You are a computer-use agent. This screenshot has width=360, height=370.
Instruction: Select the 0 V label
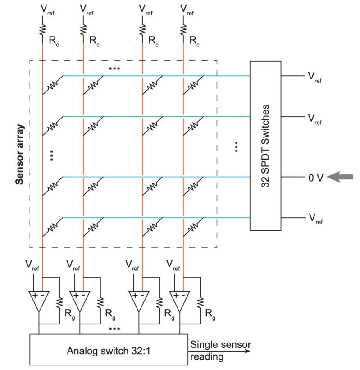(315, 178)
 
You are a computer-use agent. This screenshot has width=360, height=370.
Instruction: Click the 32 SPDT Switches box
(266, 146)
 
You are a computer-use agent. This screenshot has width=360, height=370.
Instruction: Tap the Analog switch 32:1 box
(108, 350)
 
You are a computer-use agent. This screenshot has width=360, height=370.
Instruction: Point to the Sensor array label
(19, 154)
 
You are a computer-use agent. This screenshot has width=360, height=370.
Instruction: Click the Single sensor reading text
(220, 351)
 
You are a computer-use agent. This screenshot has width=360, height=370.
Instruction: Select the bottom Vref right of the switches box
(314, 219)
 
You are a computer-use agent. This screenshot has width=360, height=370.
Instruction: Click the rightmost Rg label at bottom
(210, 314)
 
